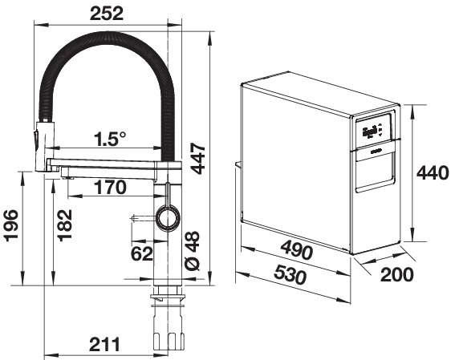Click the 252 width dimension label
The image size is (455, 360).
click(x=107, y=14)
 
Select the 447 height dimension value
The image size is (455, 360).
click(x=198, y=158)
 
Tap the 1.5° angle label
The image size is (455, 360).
click(x=110, y=139)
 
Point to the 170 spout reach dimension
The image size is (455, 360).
click(x=111, y=188)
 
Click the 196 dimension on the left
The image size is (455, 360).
click(x=11, y=225)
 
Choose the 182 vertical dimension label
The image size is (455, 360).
click(x=65, y=225)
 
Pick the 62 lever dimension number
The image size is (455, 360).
click(x=141, y=253)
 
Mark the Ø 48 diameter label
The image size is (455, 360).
click(x=193, y=251)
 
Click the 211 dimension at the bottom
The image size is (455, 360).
click(x=104, y=344)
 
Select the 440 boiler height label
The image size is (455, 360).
click(x=433, y=172)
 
